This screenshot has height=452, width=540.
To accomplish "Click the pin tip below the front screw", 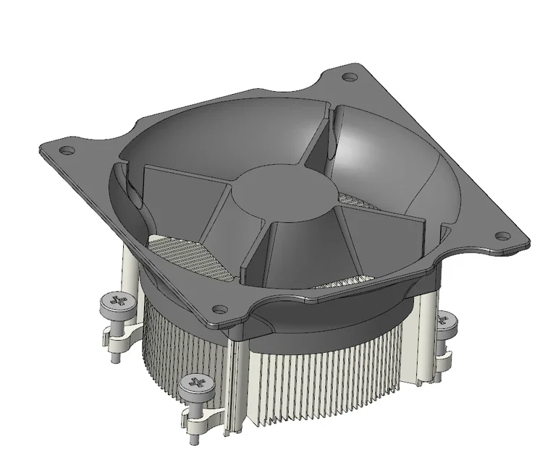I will point(195,437).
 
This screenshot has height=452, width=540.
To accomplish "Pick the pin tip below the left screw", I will point(115,354).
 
